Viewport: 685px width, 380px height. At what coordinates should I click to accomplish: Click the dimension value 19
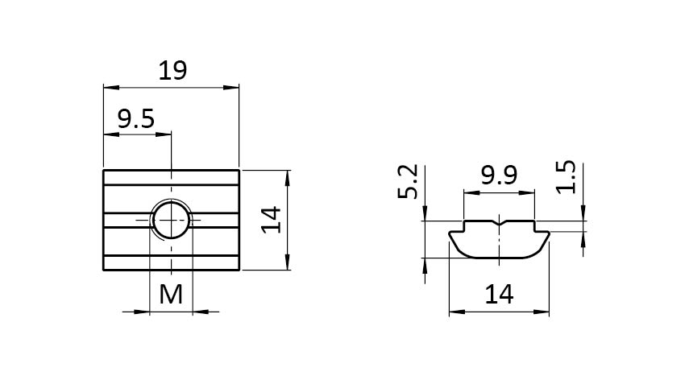[172, 71]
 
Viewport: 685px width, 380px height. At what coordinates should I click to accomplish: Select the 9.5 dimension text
[135, 120]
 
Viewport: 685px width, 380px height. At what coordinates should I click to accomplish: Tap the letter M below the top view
[171, 295]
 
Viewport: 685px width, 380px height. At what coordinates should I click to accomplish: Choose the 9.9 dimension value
[498, 176]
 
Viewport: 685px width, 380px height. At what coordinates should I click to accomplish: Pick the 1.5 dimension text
[567, 177]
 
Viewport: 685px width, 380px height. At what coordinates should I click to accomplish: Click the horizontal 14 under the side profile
[499, 295]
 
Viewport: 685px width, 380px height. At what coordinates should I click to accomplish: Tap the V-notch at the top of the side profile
[499, 221]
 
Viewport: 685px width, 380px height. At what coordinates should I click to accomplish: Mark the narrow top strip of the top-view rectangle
[172, 177]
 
